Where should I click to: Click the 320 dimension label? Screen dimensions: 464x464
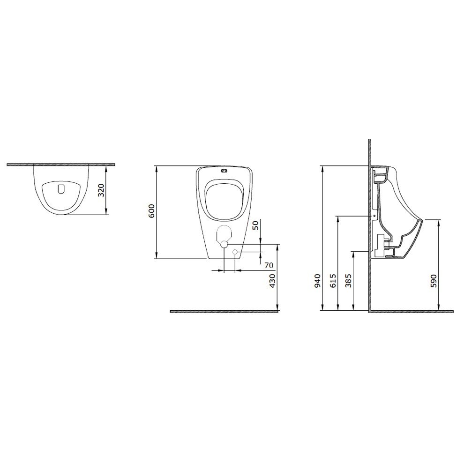click(101, 190)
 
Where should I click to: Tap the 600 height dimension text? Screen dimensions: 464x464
click(151, 211)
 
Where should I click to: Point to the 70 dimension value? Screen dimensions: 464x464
click(269, 265)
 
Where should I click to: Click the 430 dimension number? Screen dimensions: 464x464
click(272, 281)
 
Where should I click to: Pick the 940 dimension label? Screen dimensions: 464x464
click(317, 281)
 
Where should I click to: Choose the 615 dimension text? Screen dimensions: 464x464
click(333, 281)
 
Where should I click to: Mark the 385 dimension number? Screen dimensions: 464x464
click(348, 281)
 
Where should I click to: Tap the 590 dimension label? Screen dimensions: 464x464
click(434, 281)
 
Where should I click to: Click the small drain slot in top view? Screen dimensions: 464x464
click(60, 189)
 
